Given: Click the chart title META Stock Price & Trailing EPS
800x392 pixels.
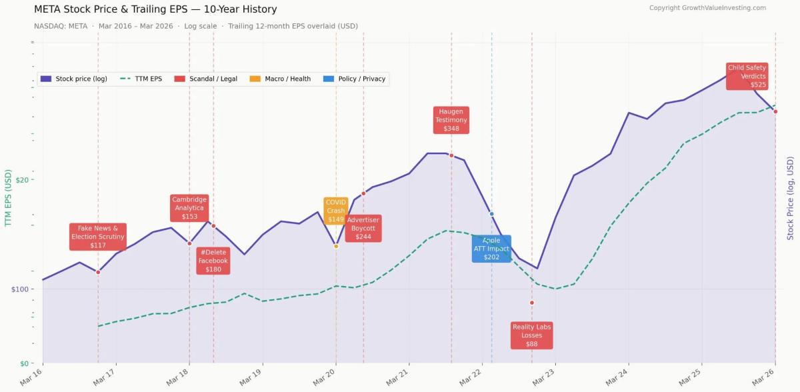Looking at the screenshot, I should pyautogui.click(x=155, y=9).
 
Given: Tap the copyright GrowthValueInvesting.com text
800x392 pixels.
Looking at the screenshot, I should pyautogui.click(x=707, y=8).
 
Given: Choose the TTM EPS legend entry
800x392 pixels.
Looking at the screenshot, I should pyautogui.click(x=141, y=79).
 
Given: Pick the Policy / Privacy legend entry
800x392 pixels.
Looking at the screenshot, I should pyautogui.click(x=354, y=79).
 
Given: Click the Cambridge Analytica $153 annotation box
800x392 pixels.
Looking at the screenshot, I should pyautogui.click(x=189, y=208).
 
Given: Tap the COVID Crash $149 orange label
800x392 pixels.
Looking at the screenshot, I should pyautogui.click(x=336, y=211).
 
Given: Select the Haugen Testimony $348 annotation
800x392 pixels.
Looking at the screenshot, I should pyautogui.click(x=451, y=120).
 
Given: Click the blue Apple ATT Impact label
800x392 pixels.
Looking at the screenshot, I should pyautogui.click(x=491, y=249).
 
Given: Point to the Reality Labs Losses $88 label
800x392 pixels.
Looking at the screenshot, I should pyautogui.click(x=531, y=335).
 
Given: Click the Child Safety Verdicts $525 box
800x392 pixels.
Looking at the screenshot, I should pyautogui.click(x=747, y=76).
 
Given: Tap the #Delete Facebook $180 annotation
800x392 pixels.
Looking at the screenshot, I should pyautogui.click(x=213, y=261).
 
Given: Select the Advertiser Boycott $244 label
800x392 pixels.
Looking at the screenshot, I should pyautogui.click(x=363, y=228).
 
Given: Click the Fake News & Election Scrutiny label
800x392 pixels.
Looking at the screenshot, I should pyautogui.click(x=98, y=237).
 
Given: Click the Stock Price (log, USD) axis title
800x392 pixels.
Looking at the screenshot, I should pyautogui.click(x=790, y=199).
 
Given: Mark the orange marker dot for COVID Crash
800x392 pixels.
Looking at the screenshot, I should pyautogui.click(x=336, y=246).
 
